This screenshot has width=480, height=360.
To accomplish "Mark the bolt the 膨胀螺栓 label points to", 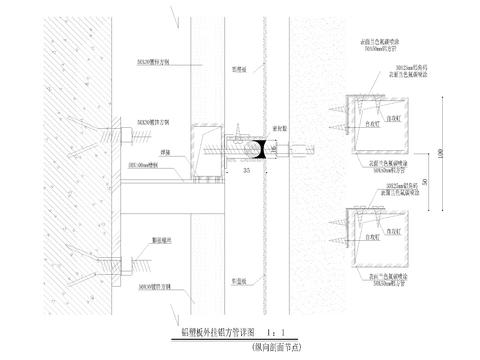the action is (112, 265).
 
